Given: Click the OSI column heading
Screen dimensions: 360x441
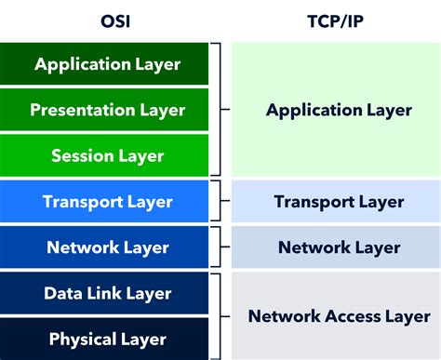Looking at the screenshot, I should point(107,20).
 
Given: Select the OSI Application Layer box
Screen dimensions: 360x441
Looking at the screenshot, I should point(107,64).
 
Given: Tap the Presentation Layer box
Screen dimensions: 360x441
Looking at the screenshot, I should point(107,110).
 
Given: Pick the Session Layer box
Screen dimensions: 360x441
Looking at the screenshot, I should point(107,155).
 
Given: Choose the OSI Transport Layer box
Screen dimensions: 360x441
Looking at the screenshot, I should point(107,201).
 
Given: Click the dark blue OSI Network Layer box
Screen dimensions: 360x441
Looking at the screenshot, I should point(107,247).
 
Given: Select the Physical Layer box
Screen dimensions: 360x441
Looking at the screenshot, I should point(107,339).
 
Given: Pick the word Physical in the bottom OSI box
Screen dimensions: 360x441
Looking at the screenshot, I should point(82,339).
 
